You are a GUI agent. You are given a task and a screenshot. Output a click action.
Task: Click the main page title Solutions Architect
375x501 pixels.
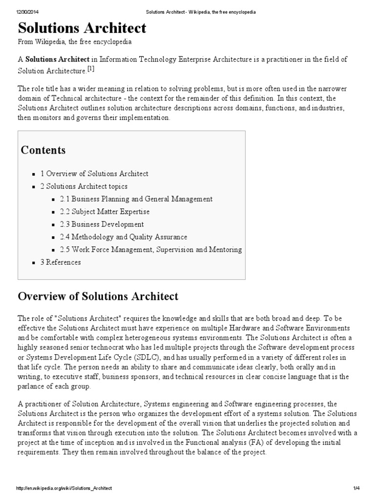click(x=82, y=27)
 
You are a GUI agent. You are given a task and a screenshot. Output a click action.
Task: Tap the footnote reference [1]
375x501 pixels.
click(x=91, y=69)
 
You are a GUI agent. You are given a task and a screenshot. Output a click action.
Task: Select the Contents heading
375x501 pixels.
click(x=43, y=150)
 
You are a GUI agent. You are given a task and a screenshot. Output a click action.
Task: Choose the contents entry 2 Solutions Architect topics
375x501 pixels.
click(x=83, y=186)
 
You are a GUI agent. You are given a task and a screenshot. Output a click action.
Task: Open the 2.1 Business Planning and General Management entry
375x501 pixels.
click(x=136, y=199)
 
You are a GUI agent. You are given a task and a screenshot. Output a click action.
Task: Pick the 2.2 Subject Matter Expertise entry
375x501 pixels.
click(x=104, y=212)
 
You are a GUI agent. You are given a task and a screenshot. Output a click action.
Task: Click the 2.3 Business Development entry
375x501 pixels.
click(x=102, y=225)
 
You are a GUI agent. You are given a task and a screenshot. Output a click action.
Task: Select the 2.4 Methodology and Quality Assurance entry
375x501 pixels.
click(x=124, y=237)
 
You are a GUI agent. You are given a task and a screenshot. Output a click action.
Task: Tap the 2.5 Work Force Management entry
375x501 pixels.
click(x=151, y=250)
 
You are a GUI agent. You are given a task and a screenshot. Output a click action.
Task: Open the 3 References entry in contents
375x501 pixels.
click(x=61, y=262)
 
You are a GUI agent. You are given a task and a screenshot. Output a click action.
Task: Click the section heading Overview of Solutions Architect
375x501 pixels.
click(x=98, y=296)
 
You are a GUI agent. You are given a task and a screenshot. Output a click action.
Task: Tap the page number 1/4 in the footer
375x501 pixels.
click(x=356, y=488)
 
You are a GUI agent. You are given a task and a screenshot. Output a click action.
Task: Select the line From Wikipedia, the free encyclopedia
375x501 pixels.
click(x=75, y=42)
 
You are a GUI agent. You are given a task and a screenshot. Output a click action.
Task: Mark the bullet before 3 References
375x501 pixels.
click(x=34, y=263)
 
